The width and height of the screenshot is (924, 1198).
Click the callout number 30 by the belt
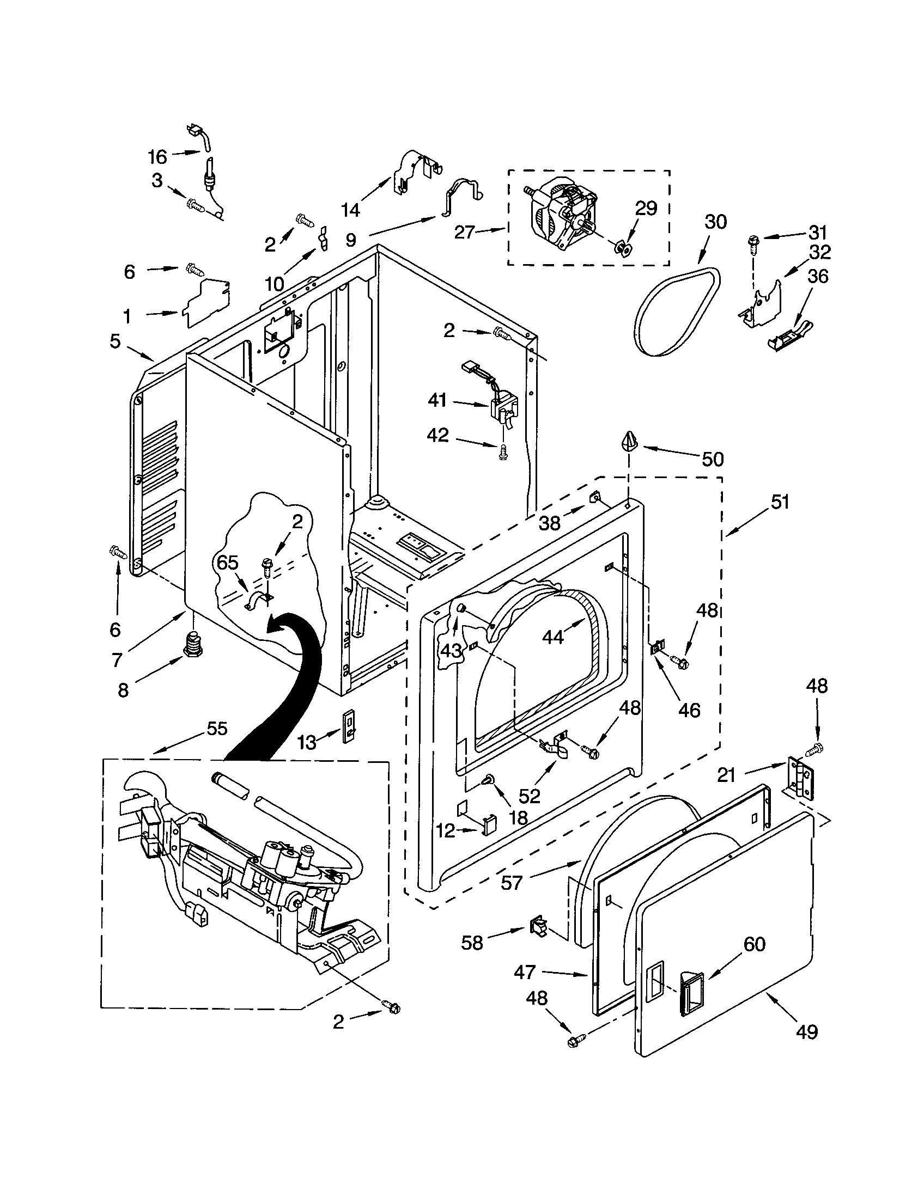pyautogui.click(x=715, y=222)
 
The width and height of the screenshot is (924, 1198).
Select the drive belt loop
pyautogui.click(x=676, y=314)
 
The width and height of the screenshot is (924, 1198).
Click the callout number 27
pyautogui.click(x=464, y=232)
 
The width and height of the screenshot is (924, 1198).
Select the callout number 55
pyautogui.click(x=217, y=729)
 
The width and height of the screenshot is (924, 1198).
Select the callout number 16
pyautogui.click(x=157, y=157)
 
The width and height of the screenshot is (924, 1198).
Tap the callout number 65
pyautogui.click(x=228, y=563)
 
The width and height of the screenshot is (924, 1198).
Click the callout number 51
pyautogui.click(x=780, y=502)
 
